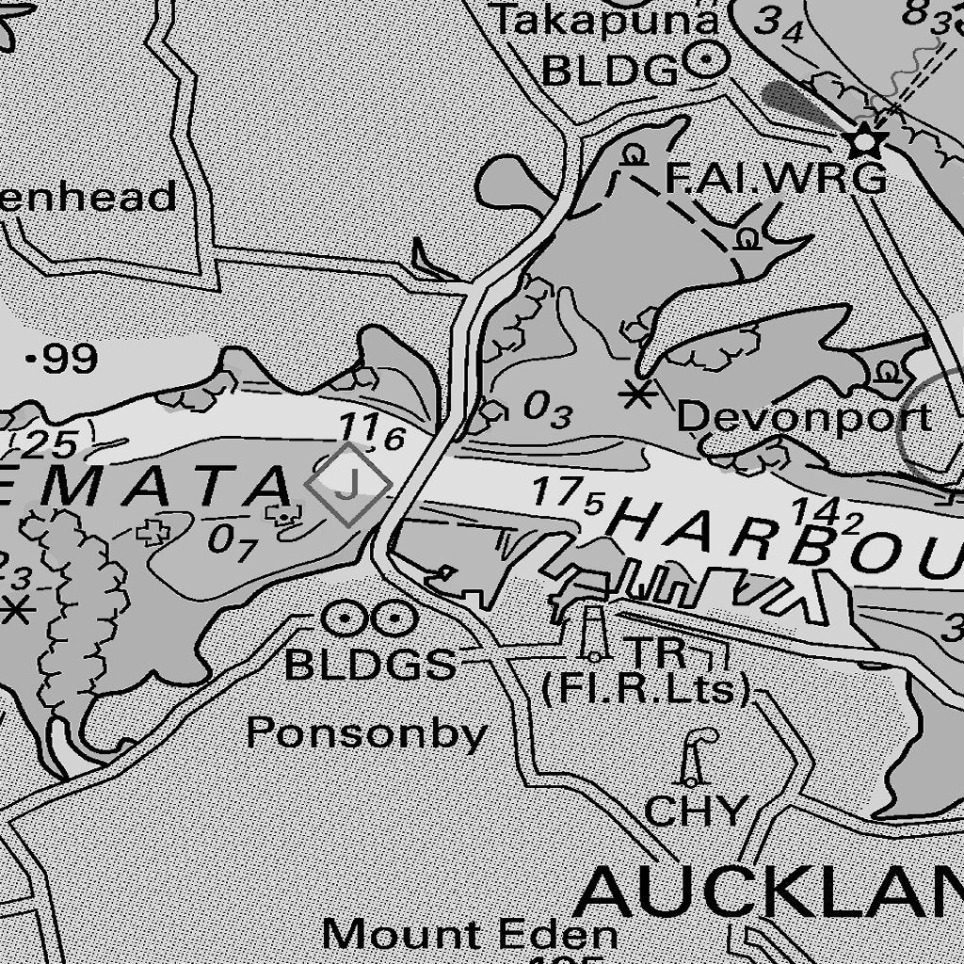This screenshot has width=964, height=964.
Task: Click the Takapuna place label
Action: coord(606,20)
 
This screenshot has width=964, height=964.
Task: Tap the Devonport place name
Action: coord(804,417)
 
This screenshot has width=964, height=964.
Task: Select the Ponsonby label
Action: coord(366,733)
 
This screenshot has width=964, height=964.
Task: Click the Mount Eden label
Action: coord(470,935)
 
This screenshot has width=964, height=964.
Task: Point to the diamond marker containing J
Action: coord(348,484)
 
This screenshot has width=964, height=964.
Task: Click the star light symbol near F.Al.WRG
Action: coord(864,142)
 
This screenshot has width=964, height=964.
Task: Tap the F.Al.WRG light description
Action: coord(775,178)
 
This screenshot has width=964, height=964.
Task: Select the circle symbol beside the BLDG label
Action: coord(708,62)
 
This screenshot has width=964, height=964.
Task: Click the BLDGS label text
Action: coord(370,666)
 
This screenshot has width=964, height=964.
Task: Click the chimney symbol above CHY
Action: coord(695,759)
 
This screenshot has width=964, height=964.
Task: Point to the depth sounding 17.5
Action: coord(567,495)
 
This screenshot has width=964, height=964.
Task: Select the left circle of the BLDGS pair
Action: coord(344,619)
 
